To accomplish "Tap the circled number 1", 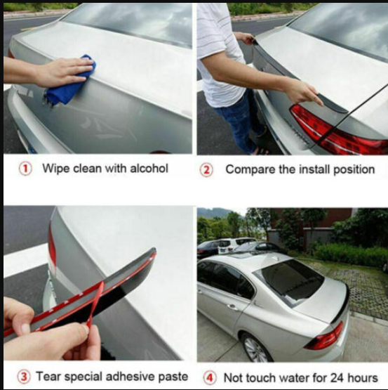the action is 25,169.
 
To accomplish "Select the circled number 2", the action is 207,170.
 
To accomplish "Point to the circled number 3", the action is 24,377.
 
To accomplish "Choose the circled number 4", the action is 210,378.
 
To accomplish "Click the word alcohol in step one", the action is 149,169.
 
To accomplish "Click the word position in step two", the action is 354,170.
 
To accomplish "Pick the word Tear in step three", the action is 48,377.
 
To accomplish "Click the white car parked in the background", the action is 231,246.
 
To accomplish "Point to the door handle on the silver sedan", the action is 233,307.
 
